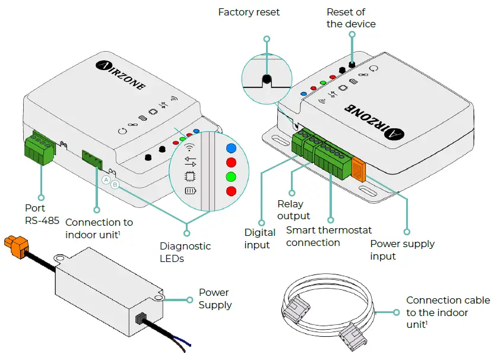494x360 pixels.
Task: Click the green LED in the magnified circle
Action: pyautogui.click(x=232, y=176)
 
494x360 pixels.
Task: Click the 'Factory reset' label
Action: pyautogui.click(x=249, y=12)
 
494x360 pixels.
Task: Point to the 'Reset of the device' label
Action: pyautogui.click(x=350, y=18)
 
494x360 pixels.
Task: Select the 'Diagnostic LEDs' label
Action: pyautogui.click(x=185, y=252)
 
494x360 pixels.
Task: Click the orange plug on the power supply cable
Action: pyautogui.click(x=17, y=245)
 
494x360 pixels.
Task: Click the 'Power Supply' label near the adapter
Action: pyautogui.click(x=214, y=298)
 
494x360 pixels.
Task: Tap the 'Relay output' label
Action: pyautogui.click(x=293, y=210)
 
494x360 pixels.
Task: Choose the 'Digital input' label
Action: pyautogui.click(x=259, y=238)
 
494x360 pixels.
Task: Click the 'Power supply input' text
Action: pyautogui.click(x=402, y=250)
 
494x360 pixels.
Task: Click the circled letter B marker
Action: pyautogui.click(x=115, y=185)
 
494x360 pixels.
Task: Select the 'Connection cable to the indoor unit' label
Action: pyautogui.click(x=448, y=312)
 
